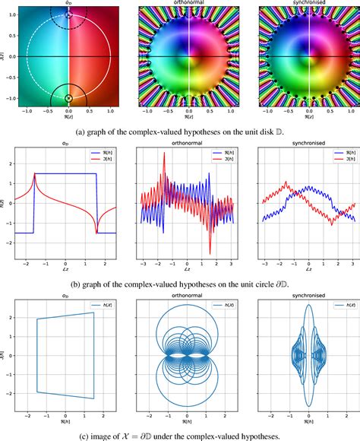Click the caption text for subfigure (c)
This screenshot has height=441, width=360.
pos(180,434)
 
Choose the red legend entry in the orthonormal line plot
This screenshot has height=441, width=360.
pos(216,170)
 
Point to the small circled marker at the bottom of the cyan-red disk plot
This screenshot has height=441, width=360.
pos(69,99)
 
